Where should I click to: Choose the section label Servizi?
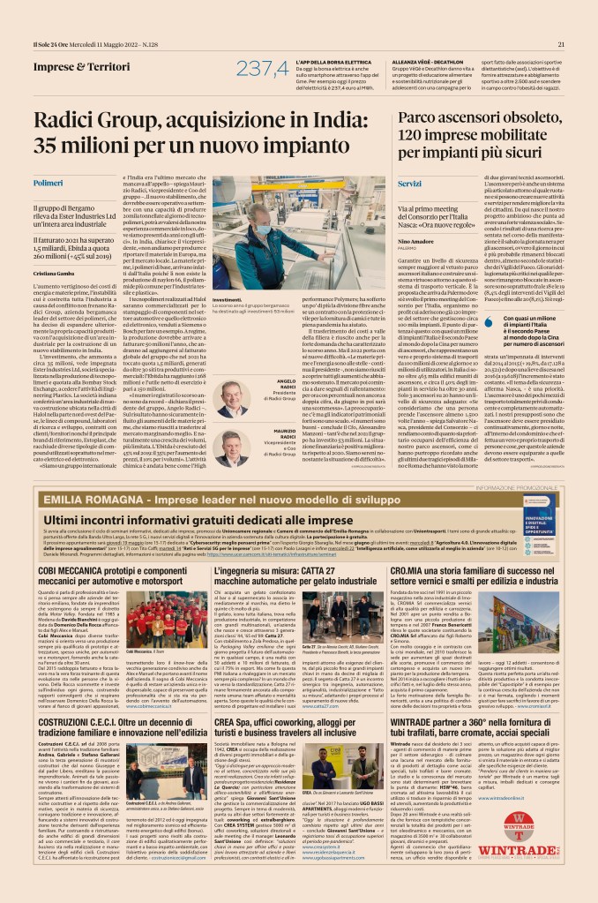click(x=409, y=183)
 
